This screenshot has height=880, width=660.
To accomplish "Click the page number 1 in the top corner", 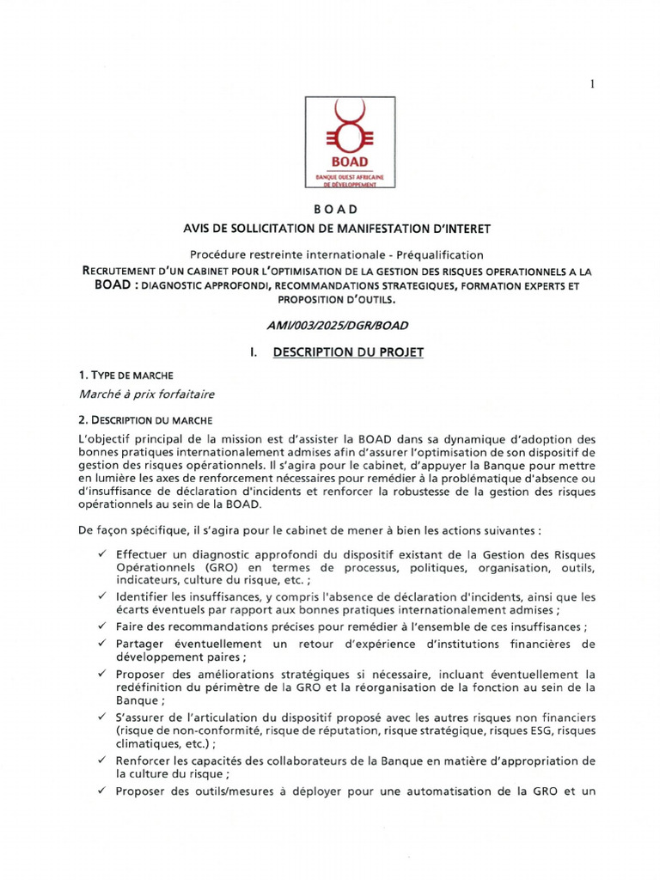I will coord(592,83).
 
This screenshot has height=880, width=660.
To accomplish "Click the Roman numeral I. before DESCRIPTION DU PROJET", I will coord(253,352).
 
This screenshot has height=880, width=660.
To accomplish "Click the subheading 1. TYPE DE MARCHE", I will coord(125,376).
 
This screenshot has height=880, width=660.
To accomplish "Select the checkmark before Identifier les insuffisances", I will coord(102,596).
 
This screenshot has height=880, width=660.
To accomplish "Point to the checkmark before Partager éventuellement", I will coord(102,643).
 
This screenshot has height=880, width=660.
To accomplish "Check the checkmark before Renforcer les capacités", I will coord(102,761).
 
